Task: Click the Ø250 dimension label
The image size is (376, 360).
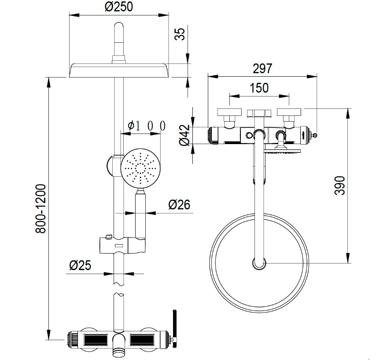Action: tap(119, 7)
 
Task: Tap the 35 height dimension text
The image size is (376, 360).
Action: tap(180, 34)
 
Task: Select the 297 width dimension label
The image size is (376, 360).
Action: tap(262, 69)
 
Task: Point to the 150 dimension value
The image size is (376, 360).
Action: tap(259, 88)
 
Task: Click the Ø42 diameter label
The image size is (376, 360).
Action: tap(184, 135)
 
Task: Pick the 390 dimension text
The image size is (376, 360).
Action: tap(339, 186)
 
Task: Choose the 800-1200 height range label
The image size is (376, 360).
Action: tap(41, 208)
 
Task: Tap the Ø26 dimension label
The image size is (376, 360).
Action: tap(179, 204)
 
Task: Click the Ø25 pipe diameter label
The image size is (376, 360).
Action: tap(80, 265)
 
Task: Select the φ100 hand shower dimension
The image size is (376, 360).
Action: tap(147, 126)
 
